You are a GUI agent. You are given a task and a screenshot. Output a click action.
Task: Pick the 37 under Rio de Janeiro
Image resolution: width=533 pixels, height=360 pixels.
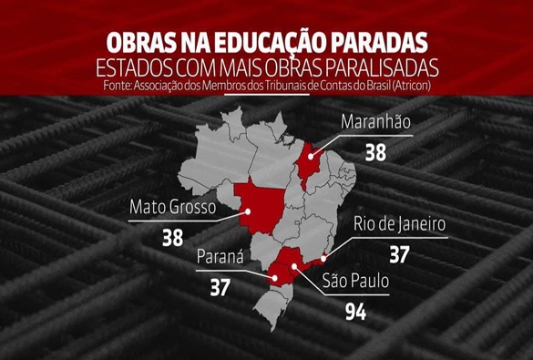[399, 254]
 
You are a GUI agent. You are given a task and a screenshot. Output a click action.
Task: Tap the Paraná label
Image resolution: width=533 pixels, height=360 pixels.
[220, 257]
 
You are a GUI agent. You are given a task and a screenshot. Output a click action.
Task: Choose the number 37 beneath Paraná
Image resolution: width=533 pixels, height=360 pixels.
[220, 288]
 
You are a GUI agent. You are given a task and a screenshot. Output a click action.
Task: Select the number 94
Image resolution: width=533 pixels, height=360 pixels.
[358, 314]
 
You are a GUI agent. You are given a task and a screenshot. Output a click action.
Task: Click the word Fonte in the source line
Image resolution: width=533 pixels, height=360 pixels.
[108, 86]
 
